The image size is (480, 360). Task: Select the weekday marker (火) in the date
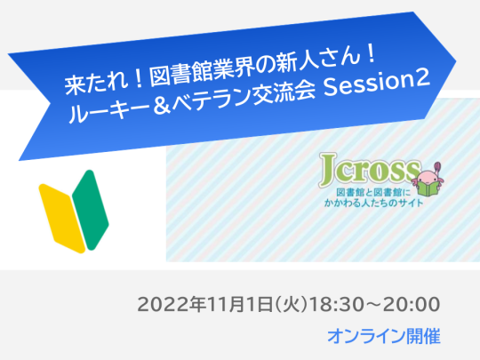tap(290, 306)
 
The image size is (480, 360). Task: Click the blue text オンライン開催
tap(383, 337)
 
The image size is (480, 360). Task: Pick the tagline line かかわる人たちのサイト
tap(372, 202)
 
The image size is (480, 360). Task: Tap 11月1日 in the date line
tap(236, 306)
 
